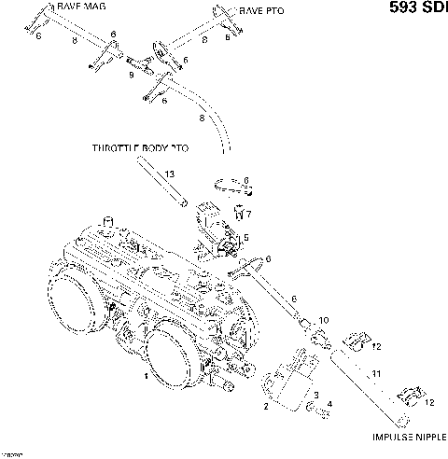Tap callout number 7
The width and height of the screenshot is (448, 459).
[247, 215]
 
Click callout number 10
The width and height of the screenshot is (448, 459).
[324, 321]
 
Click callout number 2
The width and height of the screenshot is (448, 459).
[266, 407]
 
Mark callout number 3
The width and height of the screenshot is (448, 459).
[315, 396]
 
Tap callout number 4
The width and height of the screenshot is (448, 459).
[329, 404]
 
